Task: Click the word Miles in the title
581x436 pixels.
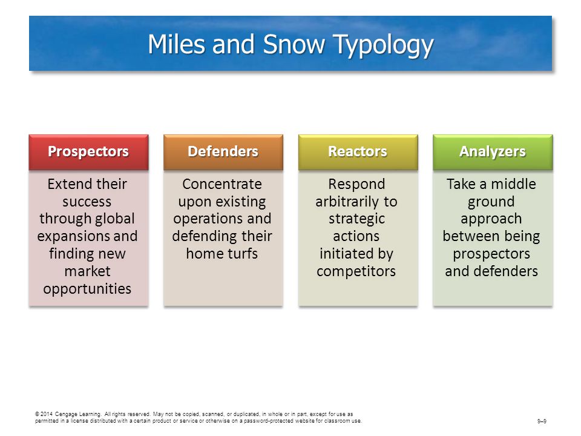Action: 176,44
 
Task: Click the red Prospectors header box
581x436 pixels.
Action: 88,152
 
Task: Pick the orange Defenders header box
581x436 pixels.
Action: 223,152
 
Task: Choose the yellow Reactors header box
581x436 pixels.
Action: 358,152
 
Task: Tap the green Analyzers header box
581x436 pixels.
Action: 493,152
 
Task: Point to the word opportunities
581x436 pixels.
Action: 87,289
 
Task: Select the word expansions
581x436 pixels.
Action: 69,237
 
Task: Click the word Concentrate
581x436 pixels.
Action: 222,184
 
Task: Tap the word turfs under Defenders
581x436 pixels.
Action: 242,254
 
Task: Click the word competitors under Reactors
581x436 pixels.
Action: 356,272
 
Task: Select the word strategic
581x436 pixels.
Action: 357,219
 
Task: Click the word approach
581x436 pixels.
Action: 491,219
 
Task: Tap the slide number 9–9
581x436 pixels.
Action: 542,421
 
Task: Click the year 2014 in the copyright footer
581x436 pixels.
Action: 47,414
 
